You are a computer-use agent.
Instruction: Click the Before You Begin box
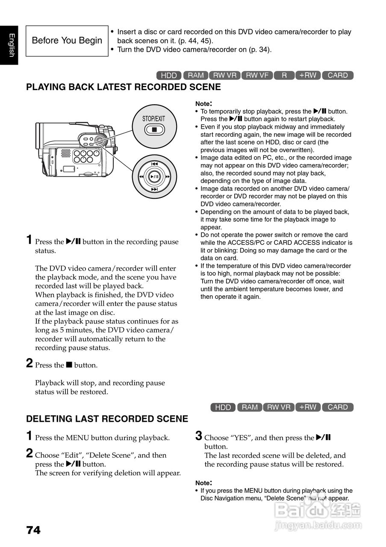[x=67, y=41]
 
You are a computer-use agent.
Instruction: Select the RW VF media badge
[x=257, y=75]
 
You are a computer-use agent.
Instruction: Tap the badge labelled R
[x=284, y=75]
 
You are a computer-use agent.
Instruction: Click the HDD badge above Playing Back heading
[x=169, y=75]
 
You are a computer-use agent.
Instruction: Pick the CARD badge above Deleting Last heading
[x=337, y=407]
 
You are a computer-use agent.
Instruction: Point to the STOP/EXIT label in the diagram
[x=154, y=118]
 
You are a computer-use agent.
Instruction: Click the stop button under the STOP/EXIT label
[x=154, y=129]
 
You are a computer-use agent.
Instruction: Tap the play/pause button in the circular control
[x=154, y=176]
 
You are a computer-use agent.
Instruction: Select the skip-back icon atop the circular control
[x=154, y=164]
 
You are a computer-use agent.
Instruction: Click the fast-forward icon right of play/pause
[x=168, y=176]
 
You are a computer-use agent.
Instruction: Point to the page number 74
[x=33, y=530]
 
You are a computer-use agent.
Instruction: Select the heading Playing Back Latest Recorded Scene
[x=124, y=87]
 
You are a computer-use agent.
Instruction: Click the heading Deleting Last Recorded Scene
[x=107, y=419]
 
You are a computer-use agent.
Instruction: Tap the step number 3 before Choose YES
[x=199, y=435]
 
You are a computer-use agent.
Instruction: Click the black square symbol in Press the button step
[x=69, y=365]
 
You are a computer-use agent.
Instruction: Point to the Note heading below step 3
[x=203, y=482]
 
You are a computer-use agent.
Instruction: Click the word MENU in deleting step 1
[x=77, y=438]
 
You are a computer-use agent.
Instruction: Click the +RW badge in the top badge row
[x=308, y=75]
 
